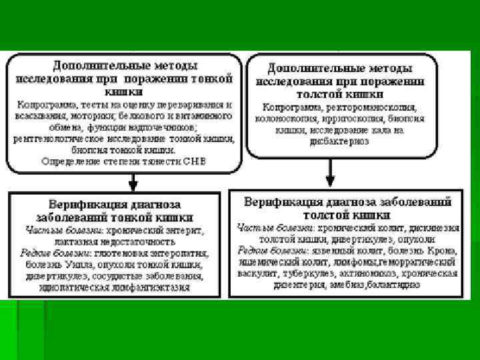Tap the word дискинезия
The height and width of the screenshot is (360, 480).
point(433,227)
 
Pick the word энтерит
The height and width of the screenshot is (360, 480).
point(182,230)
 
